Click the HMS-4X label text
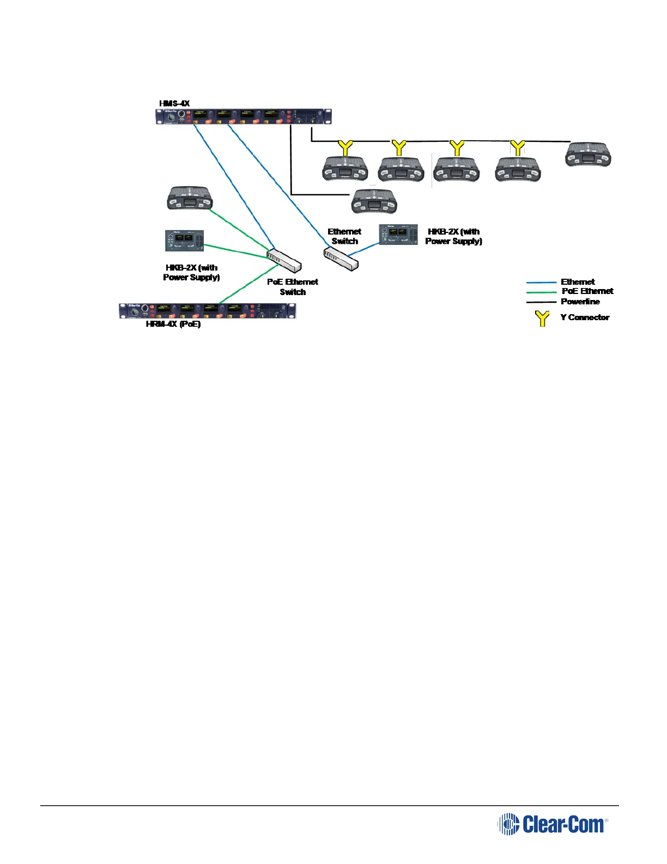[174, 103]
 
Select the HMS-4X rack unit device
[243, 116]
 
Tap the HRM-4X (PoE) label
[173, 324]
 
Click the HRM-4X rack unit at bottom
[207, 311]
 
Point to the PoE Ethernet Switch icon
[284, 260]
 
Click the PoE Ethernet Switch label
[293, 287]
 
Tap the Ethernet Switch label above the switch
[344, 236]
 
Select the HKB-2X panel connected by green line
[184, 241]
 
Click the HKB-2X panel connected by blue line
[398, 234]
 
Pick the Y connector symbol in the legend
[542, 318]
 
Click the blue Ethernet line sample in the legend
[541, 283]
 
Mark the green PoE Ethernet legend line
[541, 292]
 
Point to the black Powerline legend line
[541, 302]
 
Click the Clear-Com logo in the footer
[553, 824]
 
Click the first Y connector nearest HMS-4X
[345, 148]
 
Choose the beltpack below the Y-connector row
[374, 201]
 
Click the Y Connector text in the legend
[585, 317]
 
